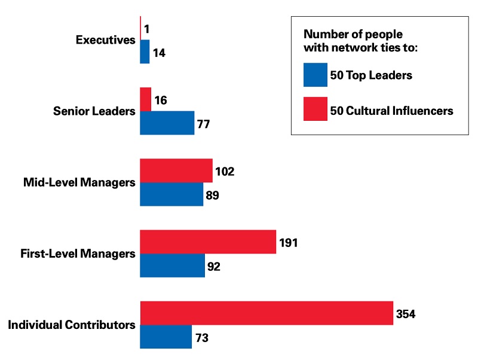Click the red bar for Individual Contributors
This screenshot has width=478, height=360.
point(266,313)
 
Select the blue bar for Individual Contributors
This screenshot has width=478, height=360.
point(166,337)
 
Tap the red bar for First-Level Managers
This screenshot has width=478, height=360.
point(208,242)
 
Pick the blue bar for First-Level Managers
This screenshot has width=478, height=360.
point(172,266)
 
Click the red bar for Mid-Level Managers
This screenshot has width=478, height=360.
point(176,171)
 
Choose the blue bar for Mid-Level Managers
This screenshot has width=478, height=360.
point(171,194)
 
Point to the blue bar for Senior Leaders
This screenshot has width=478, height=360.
point(167,123)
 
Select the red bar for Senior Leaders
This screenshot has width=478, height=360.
point(145,99)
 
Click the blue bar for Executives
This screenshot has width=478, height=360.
point(145,52)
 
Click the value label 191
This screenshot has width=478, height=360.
point(288,243)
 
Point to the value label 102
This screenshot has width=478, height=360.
point(225,172)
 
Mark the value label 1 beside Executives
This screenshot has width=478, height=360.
point(146,29)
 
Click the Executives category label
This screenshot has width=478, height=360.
point(106,40)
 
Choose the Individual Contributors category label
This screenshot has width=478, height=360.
point(72,325)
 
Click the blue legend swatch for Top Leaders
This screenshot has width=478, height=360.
point(315,75)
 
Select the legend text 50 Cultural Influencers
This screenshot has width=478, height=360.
point(392,111)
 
